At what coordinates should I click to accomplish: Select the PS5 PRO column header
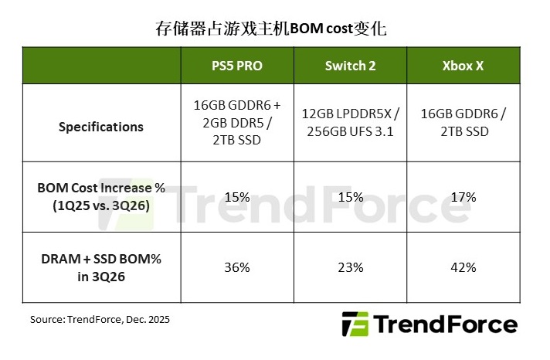coord(238,66)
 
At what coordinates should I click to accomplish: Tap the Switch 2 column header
coord(351,66)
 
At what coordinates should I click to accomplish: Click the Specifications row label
coord(101,127)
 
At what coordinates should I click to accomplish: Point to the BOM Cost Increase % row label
coord(101,197)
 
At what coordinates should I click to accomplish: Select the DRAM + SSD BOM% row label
coord(101,267)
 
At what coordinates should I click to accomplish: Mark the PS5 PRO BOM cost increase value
coord(238,197)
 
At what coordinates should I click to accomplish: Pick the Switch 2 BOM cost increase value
coord(351,197)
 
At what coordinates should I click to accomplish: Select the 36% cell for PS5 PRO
coord(238,267)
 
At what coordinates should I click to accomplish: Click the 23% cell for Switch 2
coord(351,267)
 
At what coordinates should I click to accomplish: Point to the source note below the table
coord(100,319)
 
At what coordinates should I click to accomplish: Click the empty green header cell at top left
coord(101,66)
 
